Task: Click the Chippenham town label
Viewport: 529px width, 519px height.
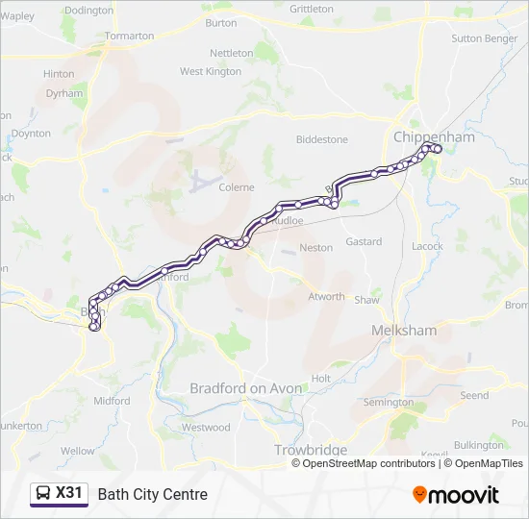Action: coord(434,137)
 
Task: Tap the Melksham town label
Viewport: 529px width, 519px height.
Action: coord(404,331)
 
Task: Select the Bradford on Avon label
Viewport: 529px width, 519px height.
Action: coord(245,388)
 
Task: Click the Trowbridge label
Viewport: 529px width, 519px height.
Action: coord(310,450)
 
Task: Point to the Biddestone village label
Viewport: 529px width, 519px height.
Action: coord(322,139)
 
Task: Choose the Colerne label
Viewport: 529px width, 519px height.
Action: coord(237,187)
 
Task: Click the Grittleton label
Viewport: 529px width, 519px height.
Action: coord(311,9)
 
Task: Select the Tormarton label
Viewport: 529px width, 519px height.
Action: coord(129,36)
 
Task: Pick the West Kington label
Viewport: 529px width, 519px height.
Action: coord(211,71)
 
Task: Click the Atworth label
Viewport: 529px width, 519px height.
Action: coord(326,296)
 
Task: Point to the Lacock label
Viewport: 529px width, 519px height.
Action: coord(427,246)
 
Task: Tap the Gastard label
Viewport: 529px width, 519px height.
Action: coord(364,242)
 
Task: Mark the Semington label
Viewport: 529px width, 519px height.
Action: coord(389,402)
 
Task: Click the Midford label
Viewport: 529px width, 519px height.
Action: coord(112,401)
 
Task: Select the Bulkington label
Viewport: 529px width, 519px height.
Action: coord(478,445)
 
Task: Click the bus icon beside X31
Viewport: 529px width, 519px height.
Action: coord(43,494)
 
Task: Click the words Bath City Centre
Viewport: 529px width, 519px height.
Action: coord(152,495)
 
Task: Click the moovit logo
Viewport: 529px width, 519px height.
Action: coord(456,495)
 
